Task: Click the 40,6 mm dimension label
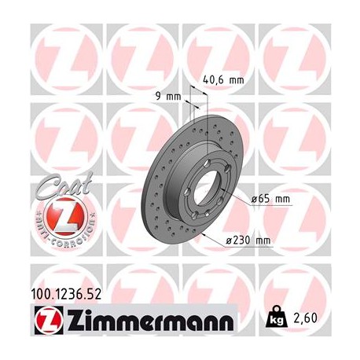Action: [x=223, y=79]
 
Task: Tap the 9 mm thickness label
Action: [x=169, y=97]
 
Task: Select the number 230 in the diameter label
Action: [x=247, y=241]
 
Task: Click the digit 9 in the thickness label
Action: [x=160, y=97]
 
